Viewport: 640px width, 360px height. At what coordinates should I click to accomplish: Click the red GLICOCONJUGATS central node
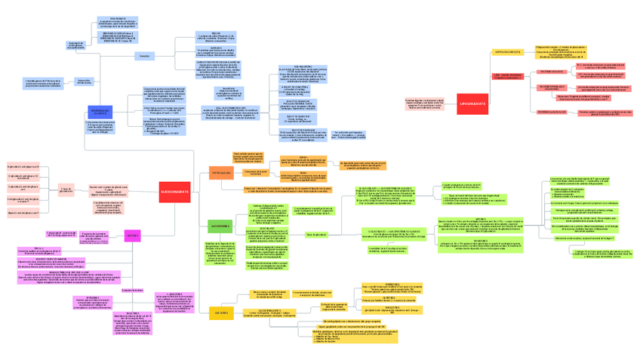tap(175, 192)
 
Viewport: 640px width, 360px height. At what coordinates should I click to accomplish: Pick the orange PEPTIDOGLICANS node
tap(221, 174)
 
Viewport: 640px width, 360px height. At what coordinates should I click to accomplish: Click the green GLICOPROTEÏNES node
tap(220, 225)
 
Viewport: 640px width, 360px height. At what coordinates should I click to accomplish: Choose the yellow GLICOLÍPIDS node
tap(221, 312)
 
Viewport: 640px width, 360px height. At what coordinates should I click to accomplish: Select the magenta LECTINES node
tap(132, 235)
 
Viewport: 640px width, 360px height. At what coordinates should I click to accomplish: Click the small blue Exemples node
tap(144, 56)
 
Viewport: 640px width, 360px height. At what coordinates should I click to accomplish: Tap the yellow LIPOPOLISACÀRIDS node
tap(506, 52)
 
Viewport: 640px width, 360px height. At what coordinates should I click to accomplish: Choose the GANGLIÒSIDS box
tap(392, 309)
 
